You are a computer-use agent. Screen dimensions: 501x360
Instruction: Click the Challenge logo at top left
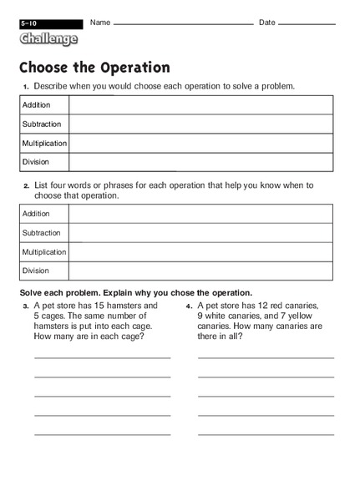click(48, 38)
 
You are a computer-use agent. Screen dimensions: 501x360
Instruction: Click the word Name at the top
click(100, 22)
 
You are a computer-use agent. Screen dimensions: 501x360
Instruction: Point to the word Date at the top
click(267, 22)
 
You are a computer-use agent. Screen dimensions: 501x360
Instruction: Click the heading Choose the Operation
click(94, 68)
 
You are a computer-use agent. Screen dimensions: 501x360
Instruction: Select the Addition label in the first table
click(37, 105)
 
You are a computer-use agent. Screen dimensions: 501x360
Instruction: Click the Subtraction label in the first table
click(42, 124)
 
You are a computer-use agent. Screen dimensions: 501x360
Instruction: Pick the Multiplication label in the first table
click(44, 144)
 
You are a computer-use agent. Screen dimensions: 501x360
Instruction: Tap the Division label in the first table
click(36, 162)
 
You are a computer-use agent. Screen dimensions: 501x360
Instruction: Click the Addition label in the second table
click(37, 214)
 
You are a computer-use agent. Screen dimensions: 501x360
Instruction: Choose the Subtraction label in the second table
click(42, 233)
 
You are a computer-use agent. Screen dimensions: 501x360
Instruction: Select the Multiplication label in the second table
click(44, 251)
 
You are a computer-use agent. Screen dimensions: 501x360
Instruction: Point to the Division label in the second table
click(36, 271)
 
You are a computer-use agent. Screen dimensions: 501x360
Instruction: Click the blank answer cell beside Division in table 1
click(200, 162)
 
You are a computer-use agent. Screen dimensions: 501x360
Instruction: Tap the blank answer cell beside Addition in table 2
click(200, 214)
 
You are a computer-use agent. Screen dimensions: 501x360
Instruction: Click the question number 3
click(26, 306)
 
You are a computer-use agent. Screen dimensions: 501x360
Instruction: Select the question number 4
click(190, 306)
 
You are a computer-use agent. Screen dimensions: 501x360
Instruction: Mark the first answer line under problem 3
click(102, 357)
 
